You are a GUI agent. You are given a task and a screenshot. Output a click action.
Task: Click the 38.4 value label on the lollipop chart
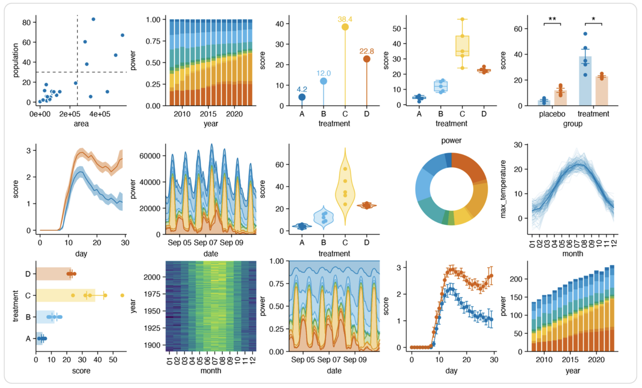(x=345, y=19)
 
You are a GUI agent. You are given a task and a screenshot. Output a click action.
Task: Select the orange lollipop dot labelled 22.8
(x=366, y=59)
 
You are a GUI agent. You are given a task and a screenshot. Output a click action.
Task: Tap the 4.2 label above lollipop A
(x=302, y=90)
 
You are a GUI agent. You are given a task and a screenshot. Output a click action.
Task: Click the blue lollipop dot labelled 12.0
(x=323, y=81)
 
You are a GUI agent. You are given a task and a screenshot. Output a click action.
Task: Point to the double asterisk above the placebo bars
(x=552, y=19)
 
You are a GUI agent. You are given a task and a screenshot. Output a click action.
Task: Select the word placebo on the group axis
(x=552, y=114)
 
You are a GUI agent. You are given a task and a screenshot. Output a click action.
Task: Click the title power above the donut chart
(x=451, y=141)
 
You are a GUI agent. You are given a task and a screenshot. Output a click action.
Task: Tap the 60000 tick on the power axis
(x=150, y=156)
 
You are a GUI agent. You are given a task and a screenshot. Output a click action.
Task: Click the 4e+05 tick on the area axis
(x=99, y=114)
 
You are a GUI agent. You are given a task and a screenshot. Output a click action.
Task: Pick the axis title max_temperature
(x=503, y=189)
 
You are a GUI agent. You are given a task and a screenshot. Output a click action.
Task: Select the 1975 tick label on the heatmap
(x=152, y=294)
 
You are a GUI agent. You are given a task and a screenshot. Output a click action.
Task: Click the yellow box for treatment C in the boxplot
(x=462, y=46)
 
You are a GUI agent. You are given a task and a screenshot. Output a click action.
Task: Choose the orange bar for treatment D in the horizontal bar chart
(x=53, y=274)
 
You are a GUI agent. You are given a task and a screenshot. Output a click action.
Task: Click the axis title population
(x=15, y=60)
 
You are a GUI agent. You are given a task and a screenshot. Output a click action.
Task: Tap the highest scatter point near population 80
(x=93, y=19)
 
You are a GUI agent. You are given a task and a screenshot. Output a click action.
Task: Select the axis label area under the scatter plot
(x=81, y=124)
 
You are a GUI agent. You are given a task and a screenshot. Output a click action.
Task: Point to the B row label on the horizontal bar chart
(x=28, y=317)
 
